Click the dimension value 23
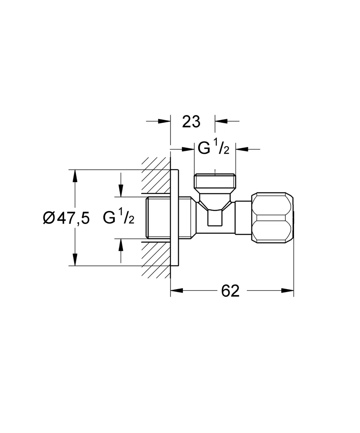coord(191,122)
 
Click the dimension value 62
coord(230,291)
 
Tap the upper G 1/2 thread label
coord(214,147)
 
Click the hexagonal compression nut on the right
coord(272,218)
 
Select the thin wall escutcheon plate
coord(174,218)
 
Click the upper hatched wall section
coord(156,175)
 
